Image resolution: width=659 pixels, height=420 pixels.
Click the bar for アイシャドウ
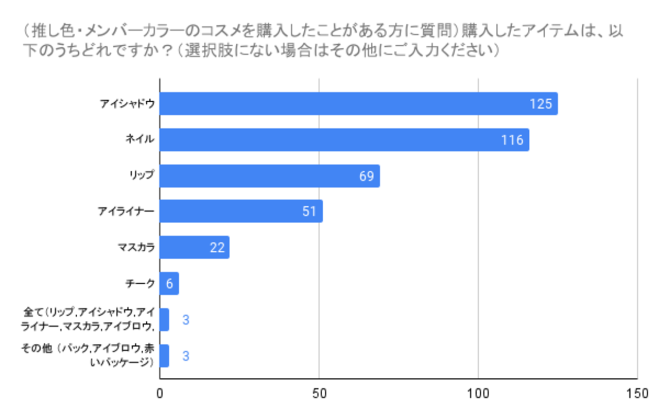350,104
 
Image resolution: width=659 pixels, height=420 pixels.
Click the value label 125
541,104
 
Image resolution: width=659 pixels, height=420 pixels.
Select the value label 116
512,140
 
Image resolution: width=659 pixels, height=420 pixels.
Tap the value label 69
366,176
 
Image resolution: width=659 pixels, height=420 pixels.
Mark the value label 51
309,211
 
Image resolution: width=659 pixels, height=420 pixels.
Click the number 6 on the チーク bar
169,284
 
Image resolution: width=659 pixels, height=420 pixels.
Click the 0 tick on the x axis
160,393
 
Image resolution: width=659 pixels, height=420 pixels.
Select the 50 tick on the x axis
319,393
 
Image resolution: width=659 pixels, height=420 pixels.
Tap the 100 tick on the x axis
478,393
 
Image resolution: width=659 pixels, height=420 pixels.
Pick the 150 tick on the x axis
637,393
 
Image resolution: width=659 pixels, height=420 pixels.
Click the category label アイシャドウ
127,104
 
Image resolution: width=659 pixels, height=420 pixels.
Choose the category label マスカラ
136,248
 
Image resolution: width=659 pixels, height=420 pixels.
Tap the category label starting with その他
88,355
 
